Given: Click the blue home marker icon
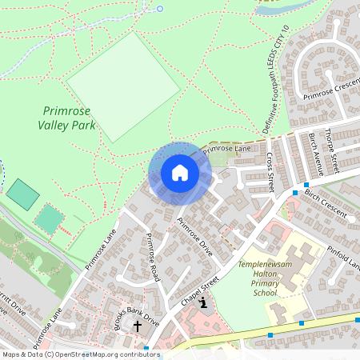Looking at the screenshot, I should click(x=180, y=173).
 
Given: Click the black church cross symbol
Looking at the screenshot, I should click(x=137, y=326).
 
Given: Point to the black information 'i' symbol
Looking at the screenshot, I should click(x=205, y=302).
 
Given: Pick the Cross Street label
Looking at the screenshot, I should click(x=270, y=170).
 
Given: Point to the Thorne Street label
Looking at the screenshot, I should click(x=332, y=151).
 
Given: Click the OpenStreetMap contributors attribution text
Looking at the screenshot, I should click(x=80, y=354).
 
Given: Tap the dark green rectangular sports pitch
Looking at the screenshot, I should click(x=22, y=194).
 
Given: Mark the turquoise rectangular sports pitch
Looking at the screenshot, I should click(x=50, y=218).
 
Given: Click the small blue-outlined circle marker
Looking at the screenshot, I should click(x=159, y=9).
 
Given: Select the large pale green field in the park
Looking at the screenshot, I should click(x=122, y=86).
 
